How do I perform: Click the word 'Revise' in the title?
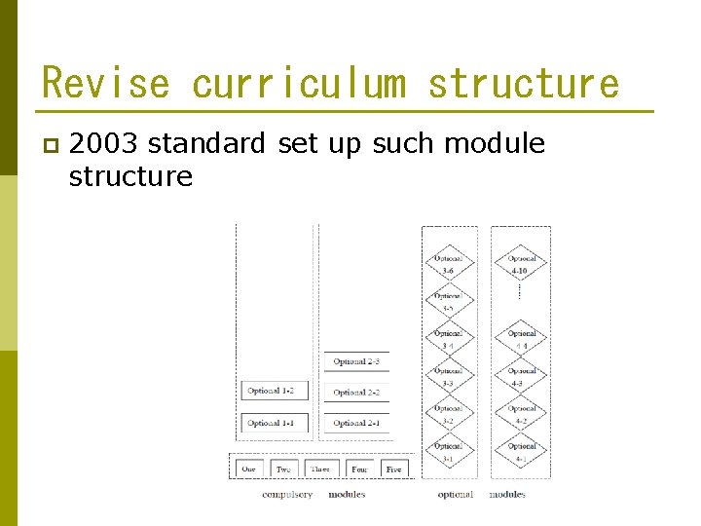click(105, 84)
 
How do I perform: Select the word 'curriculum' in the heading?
click(298, 84)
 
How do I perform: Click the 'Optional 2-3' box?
click(356, 361)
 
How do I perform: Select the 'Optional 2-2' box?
click(356, 392)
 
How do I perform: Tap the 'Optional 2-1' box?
click(356, 423)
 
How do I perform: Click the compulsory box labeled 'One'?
click(249, 469)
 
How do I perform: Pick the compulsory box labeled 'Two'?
click(283, 469)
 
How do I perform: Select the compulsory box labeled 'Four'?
click(359, 469)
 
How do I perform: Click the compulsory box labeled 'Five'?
click(393, 469)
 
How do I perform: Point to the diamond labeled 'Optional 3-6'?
click(448, 264)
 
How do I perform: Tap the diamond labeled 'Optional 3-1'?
click(448, 452)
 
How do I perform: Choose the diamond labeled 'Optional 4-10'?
click(522, 264)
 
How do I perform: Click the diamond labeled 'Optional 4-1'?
click(522, 452)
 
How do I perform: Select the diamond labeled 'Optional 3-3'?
click(448, 377)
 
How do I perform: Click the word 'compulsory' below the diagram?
click(287, 495)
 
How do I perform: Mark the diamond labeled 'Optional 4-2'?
click(522, 415)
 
